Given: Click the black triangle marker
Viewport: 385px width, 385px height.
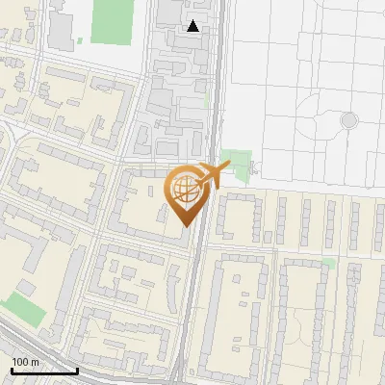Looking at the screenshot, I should (194, 26).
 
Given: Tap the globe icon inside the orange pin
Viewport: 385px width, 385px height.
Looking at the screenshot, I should (186, 192).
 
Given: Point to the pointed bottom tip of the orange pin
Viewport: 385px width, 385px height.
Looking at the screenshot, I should (186, 225).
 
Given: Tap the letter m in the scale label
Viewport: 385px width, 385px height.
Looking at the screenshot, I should (36, 362).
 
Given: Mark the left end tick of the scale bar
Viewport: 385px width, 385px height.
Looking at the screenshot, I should (12, 371).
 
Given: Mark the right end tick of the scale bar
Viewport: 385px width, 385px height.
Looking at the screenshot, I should (77, 371).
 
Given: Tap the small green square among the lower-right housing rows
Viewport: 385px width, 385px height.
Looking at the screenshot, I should (329, 262).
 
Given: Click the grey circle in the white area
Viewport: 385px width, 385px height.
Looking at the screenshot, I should (349, 120).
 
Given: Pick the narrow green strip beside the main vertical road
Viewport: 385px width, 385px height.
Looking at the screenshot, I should (207, 100).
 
